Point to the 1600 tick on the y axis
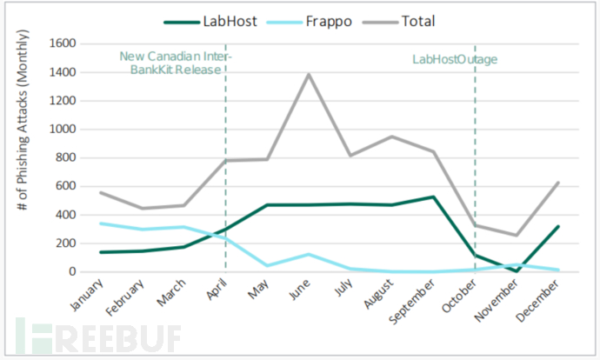[x=65, y=43]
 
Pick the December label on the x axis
[x=539, y=300]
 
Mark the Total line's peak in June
[x=308, y=74]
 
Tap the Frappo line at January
[x=102, y=223]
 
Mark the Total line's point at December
[x=557, y=183]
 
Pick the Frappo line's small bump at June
[x=308, y=254]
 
